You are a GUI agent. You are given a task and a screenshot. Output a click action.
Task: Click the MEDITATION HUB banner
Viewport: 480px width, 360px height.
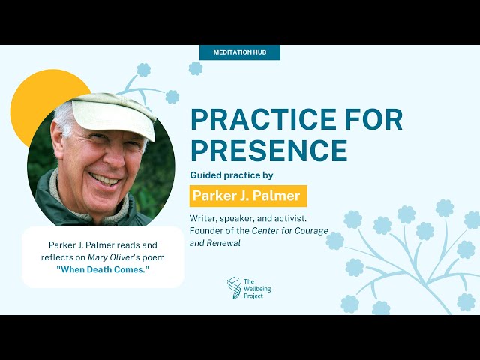pos(240,52)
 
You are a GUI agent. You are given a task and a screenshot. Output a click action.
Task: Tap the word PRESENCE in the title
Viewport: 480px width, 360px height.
pos(269,151)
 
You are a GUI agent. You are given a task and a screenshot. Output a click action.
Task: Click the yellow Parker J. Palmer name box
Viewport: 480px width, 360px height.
pos(248,196)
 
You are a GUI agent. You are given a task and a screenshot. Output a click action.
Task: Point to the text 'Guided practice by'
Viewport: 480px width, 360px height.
pos(232,175)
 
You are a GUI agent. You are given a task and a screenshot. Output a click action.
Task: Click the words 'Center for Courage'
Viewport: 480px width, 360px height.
pos(290,231)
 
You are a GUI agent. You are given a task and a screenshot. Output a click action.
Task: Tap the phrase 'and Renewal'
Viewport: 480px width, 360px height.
pos(215,243)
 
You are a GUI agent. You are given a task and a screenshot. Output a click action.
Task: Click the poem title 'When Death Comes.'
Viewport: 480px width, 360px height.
pos(103,270)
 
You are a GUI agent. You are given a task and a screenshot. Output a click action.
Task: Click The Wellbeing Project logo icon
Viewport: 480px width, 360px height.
pos(234,288)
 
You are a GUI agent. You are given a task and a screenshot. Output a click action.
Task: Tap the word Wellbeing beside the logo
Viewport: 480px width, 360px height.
pos(257,288)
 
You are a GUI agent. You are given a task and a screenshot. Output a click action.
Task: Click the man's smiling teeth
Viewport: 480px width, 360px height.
pos(104,179)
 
